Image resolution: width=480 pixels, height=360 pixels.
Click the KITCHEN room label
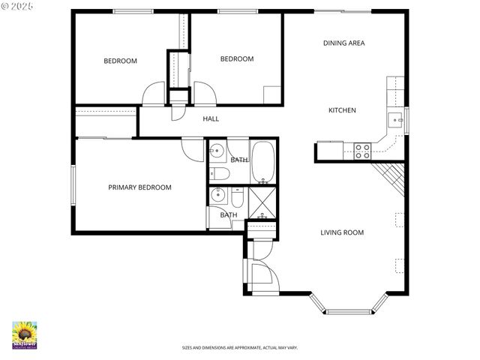pos(342,110)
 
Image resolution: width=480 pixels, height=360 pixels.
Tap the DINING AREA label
pos(343,43)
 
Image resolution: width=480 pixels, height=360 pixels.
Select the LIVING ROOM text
pos(342,232)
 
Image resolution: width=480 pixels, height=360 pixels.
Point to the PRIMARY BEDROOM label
pos(139,187)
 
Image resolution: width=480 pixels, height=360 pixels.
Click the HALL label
pos(211,118)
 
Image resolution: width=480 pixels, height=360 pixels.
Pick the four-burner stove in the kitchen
pos(363,150)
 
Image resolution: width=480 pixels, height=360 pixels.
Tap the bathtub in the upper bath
pos(262,161)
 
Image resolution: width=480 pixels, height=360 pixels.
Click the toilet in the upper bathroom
pos(218,173)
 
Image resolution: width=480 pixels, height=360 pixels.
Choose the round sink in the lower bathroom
pos(219,196)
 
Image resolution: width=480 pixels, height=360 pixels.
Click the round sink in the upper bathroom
pos(217,149)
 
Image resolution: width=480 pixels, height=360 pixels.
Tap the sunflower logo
pos(25,334)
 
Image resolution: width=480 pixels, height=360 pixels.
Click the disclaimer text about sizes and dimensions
pos(239,347)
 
